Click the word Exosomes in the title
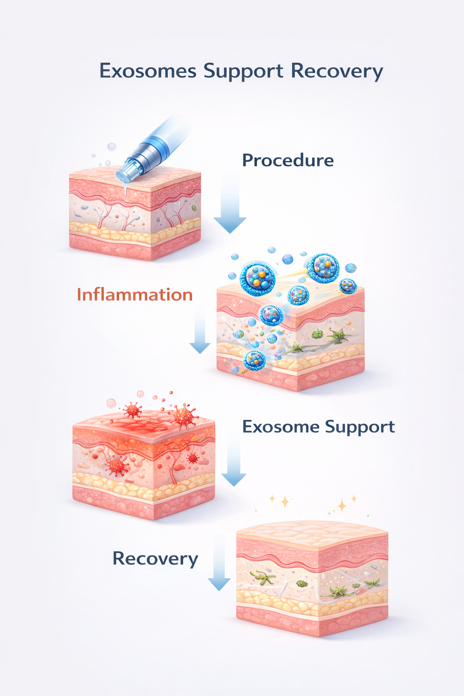(148, 71)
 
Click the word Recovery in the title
(337, 72)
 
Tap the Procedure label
(288, 160)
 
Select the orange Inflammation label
(135, 295)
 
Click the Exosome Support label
(318, 427)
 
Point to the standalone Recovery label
(155, 558)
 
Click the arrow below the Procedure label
(230, 206)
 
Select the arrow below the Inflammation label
(200, 331)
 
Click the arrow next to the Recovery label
(219, 566)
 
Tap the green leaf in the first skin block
(194, 208)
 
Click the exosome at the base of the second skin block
(254, 360)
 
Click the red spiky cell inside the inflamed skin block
(116, 465)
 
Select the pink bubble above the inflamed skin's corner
(111, 403)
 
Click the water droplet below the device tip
(126, 190)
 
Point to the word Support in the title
(243, 72)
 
